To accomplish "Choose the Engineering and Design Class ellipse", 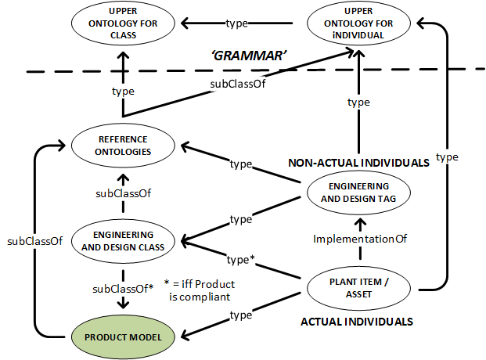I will click(x=124, y=239).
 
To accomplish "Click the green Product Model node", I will click(x=124, y=336).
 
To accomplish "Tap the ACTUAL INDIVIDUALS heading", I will click(x=357, y=321).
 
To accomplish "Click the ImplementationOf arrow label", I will click(x=362, y=239).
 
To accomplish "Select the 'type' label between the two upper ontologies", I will click(x=237, y=23).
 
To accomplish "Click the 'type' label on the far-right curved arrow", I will click(x=447, y=157).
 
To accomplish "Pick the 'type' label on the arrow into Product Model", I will click(x=240, y=315).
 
